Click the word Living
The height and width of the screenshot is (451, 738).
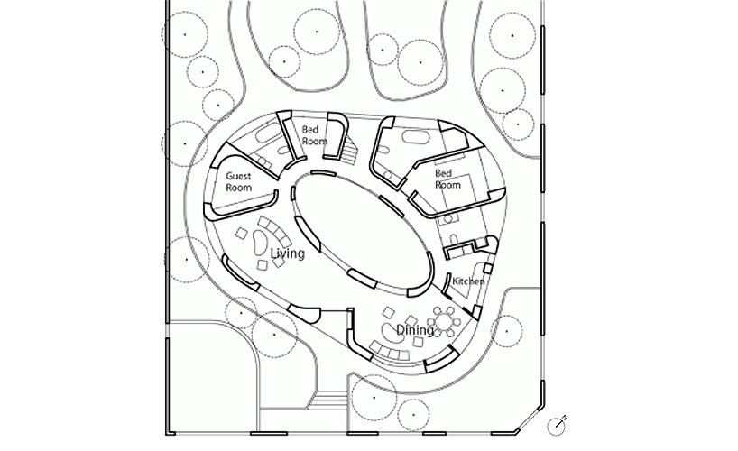(288, 253)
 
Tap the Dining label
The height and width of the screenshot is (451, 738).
(415, 330)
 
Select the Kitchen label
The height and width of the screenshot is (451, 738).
(468, 281)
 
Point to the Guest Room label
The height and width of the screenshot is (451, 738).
(238, 181)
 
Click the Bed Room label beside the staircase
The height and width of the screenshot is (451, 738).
(313, 135)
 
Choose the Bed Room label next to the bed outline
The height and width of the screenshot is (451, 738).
(447, 179)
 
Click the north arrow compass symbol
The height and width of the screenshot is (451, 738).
(557, 426)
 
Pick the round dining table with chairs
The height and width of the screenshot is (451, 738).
(444, 322)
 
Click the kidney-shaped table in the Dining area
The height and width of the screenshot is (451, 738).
(389, 332)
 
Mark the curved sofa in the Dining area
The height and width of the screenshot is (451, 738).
(390, 352)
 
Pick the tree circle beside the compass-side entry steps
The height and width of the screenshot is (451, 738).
(374, 399)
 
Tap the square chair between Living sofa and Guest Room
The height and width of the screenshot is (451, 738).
(242, 234)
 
